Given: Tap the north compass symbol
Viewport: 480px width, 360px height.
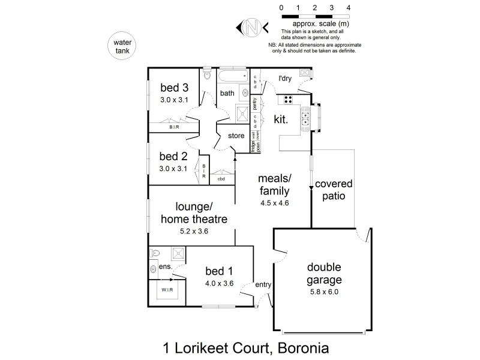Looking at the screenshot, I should click(253, 26).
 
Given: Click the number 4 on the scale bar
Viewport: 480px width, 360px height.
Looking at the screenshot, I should click(348, 7).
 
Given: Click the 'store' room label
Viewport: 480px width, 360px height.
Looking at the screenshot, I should click(236, 136).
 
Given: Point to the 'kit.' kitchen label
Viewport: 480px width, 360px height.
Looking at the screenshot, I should click(281, 119).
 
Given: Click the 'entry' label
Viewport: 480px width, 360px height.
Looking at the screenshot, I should click(263, 285).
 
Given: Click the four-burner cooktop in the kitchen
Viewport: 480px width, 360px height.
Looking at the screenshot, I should click(288, 100).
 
